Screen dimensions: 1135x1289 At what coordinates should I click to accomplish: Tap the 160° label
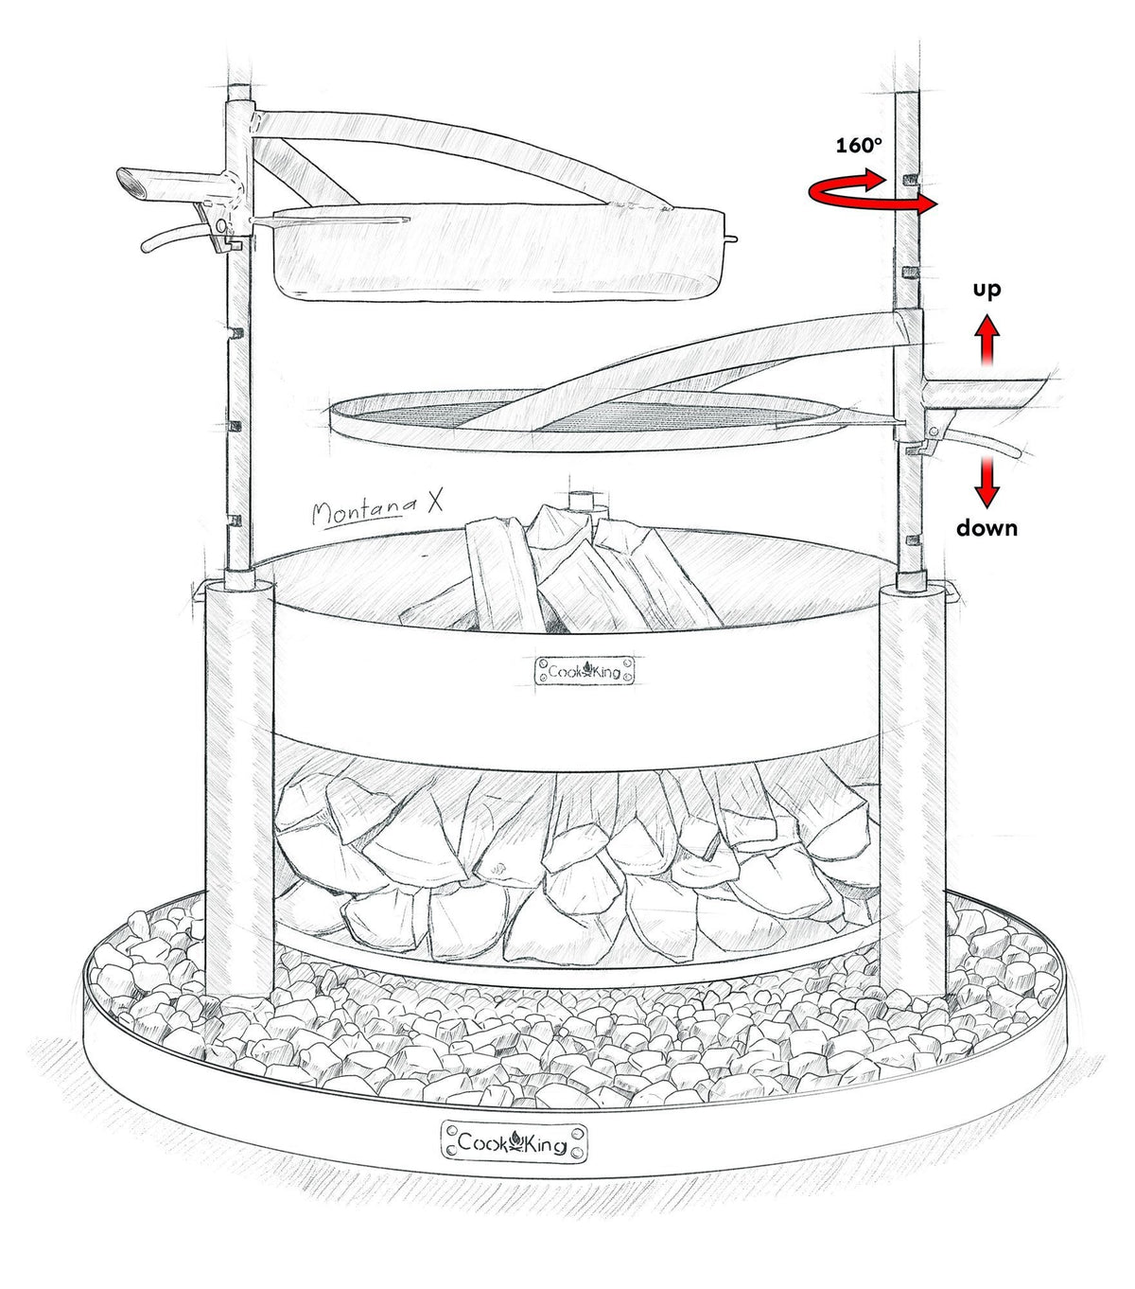(x=859, y=146)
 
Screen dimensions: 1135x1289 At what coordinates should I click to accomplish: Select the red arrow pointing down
(x=987, y=483)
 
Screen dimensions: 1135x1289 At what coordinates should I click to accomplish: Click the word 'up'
(x=987, y=291)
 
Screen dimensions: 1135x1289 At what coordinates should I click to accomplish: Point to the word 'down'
(x=987, y=527)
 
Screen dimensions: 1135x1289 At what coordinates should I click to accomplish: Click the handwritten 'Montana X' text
(x=376, y=509)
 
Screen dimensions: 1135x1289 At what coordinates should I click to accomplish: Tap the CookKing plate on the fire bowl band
(x=585, y=671)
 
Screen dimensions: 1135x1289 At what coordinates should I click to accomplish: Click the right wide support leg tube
(x=913, y=789)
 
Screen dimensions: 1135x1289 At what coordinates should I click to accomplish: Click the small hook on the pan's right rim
(x=732, y=239)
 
